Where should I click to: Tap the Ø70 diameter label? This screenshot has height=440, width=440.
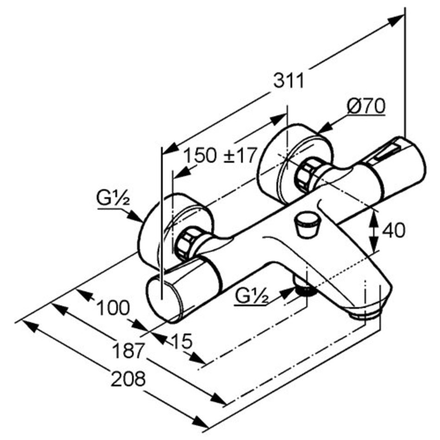point(366,107)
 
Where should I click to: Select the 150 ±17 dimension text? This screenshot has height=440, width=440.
point(220,156)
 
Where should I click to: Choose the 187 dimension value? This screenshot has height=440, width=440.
point(129,351)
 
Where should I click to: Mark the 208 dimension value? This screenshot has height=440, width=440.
point(128,380)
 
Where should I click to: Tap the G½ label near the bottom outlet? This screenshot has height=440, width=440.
point(251,296)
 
